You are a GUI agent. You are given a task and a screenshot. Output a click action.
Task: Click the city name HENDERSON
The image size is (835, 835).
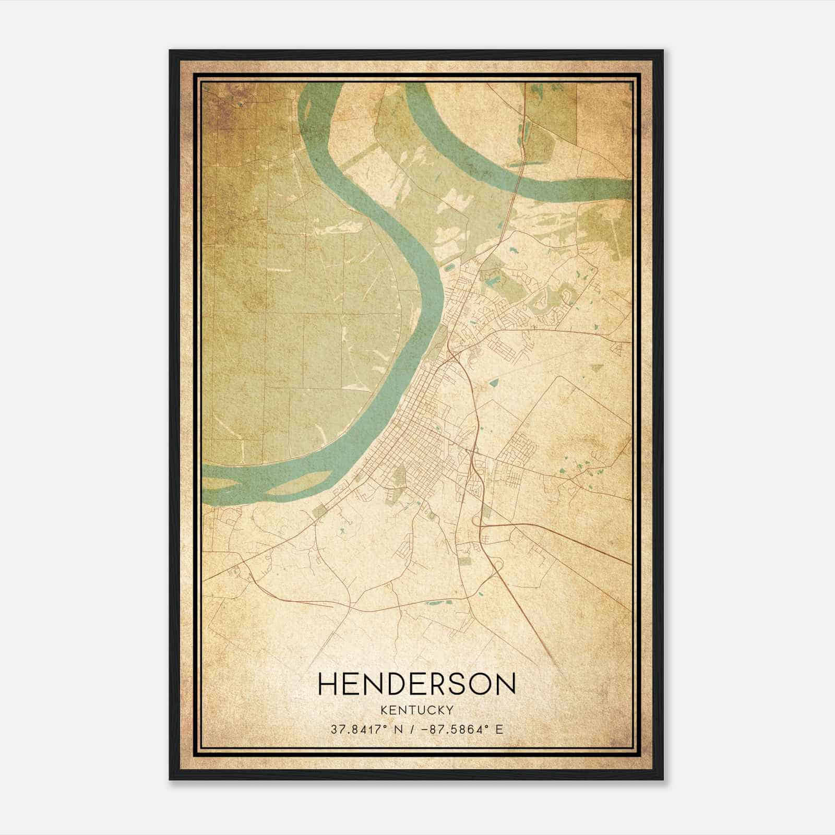[x=416, y=684]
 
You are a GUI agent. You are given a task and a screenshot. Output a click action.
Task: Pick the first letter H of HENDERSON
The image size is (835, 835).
[x=328, y=684]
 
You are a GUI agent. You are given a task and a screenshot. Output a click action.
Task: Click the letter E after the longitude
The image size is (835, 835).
[x=499, y=729]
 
